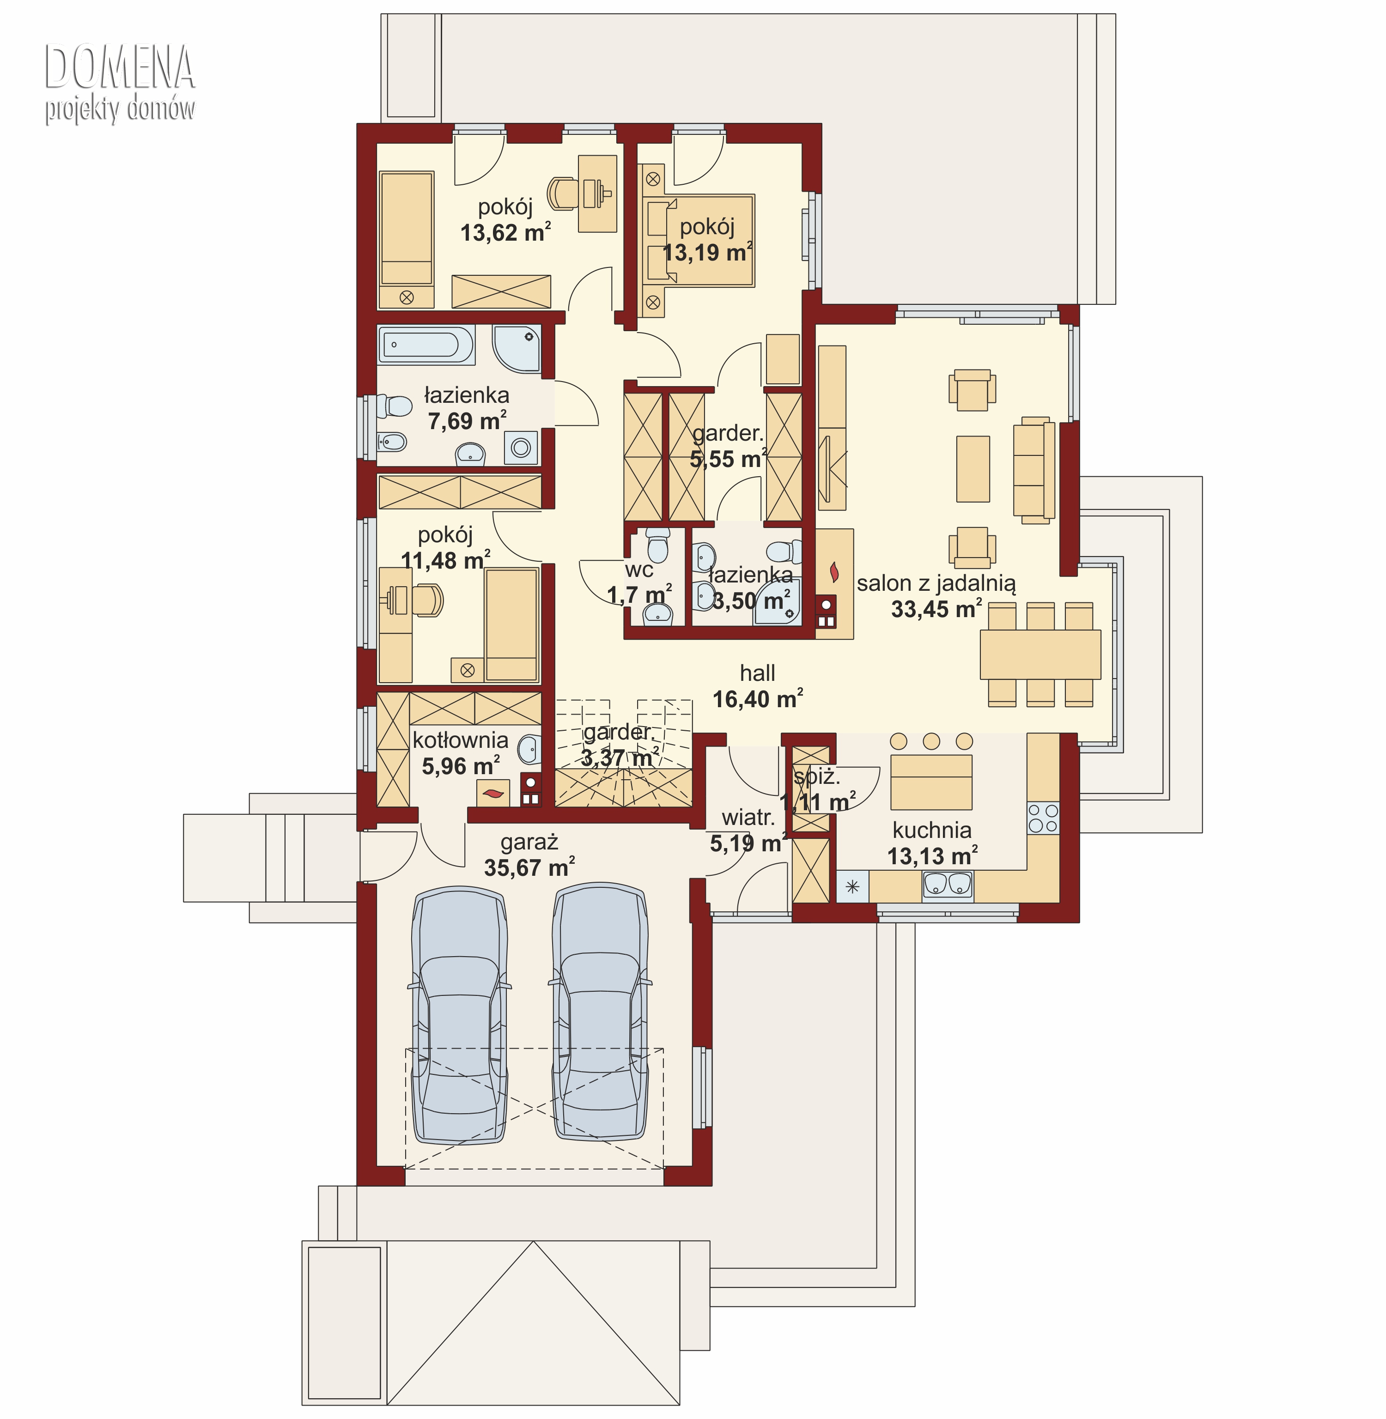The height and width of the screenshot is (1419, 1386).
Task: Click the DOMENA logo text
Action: point(120,67)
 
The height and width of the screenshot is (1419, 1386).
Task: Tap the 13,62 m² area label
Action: point(505,232)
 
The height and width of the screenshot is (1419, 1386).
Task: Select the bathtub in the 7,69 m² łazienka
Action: point(426,344)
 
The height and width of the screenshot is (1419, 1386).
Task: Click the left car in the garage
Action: point(460,1015)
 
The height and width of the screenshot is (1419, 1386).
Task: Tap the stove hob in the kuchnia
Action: point(1043,818)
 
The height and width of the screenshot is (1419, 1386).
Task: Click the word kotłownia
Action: point(460,740)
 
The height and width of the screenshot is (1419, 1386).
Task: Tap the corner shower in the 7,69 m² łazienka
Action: point(517,349)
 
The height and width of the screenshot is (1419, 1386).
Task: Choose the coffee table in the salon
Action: point(973,469)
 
